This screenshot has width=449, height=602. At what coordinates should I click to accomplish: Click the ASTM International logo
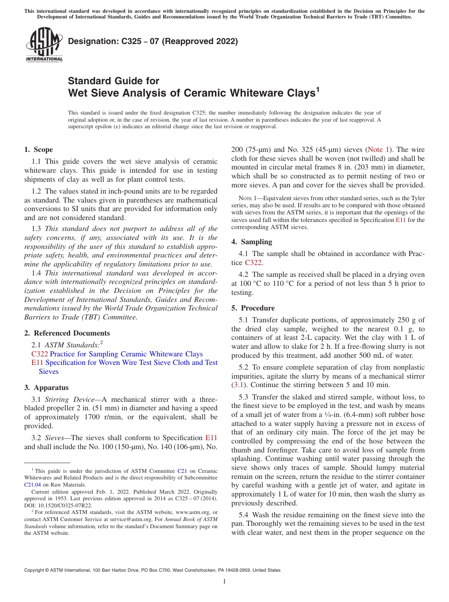(x=44, y=46)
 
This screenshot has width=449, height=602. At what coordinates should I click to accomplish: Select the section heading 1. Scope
(x=39, y=150)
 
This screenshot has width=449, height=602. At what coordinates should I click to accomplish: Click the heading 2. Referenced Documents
(x=67, y=333)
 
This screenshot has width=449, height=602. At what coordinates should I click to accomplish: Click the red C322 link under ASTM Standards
(x=39, y=354)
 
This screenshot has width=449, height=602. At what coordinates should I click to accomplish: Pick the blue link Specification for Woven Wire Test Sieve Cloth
(x=123, y=363)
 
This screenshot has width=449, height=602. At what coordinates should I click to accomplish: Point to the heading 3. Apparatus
(x=46, y=387)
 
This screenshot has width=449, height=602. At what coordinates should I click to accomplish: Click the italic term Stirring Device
(x=66, y=399)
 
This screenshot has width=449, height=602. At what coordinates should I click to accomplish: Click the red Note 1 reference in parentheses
(x=379, y=150)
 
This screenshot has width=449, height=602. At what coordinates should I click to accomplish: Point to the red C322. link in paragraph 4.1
(x=254, y=263)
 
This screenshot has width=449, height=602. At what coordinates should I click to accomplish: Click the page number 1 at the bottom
(x=224, y=581)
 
